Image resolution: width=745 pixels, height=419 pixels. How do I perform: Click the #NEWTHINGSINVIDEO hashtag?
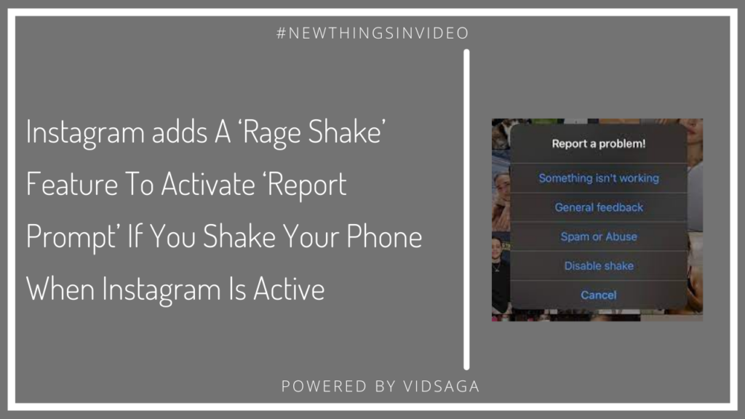point(372,33)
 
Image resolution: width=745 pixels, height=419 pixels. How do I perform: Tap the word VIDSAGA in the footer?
point(442,386)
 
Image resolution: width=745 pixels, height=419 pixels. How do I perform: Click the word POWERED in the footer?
point(324,386)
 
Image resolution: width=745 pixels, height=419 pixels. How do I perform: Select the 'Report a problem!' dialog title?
point(599,143)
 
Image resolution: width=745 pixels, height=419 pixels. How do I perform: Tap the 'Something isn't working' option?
point(599,178)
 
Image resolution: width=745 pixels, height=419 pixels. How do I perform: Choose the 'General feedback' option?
point(599,207)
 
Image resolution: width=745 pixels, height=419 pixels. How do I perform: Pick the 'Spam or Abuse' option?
point(599,236)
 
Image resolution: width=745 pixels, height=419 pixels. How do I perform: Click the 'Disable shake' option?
point(599,266)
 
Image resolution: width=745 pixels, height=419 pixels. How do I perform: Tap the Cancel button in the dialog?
point(599,295)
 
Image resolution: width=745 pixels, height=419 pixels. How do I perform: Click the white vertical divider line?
point(466,209)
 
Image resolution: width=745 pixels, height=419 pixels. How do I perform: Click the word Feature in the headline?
point(72,184)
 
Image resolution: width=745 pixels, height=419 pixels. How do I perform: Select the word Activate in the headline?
point(208,184)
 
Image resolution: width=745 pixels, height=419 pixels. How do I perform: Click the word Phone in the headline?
point(384,236)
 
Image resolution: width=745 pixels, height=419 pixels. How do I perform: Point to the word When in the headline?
point(60,289)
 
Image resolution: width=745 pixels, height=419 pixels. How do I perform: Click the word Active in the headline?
point(289,289)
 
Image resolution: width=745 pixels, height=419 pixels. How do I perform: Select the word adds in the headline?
point(180,132)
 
